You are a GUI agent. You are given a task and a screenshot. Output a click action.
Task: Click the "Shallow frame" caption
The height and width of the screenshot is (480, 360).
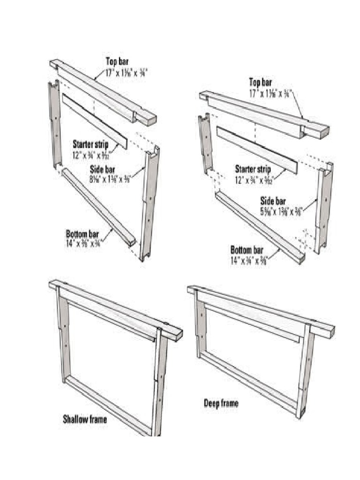(x=85, y=419)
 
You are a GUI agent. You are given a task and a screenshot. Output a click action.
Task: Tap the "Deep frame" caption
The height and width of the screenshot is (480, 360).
(x=221, y=403)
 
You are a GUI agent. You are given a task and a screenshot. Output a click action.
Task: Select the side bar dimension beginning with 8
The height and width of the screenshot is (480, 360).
(x=109, y=178)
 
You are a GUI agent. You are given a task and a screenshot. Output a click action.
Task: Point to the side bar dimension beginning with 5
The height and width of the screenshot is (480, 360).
(x=281, y=210)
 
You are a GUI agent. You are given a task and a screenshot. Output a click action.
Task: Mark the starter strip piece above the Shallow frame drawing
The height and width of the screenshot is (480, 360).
(x=94, y=120)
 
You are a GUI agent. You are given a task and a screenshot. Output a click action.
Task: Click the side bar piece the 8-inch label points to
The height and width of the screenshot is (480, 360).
(x=149, y=202)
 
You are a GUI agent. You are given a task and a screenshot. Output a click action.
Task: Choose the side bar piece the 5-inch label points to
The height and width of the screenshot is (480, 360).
(x=323, y=206)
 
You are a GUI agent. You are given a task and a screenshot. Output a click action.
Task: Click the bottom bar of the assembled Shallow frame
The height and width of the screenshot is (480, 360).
(x=108, y=405)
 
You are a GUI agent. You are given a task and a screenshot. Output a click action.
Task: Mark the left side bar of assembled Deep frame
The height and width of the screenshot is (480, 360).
(x=200, y=328)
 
